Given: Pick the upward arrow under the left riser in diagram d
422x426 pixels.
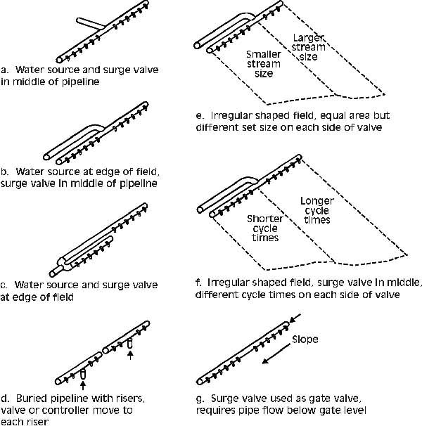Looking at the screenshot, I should [82, 385].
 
